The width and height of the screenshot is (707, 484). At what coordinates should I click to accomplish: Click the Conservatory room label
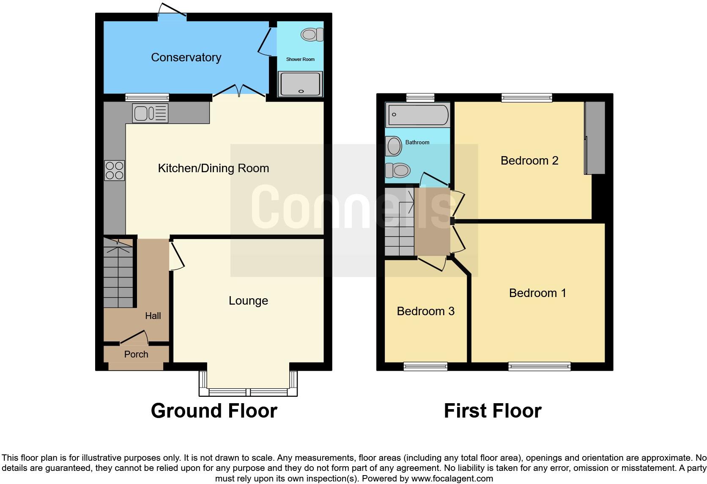pos(186,58)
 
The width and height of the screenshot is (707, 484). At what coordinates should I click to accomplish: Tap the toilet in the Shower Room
pos(312,34)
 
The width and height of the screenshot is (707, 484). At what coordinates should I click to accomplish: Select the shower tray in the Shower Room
pos(300,83)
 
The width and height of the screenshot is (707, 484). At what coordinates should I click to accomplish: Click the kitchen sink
pos(150,113)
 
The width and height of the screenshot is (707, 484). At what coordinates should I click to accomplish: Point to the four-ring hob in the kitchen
pos(114,170)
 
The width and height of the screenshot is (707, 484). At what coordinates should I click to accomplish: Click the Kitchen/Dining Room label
pos(213,168)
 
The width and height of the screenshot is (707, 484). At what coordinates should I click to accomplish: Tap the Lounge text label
pos(248,301)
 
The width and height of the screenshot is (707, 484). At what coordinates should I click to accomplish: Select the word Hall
pos(153,316)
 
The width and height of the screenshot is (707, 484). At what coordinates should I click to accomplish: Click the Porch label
pos(136,355)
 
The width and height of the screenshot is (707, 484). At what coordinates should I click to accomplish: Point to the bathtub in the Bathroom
pos(418,115)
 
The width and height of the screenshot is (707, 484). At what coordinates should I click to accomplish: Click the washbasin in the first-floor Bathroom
pos(394,146)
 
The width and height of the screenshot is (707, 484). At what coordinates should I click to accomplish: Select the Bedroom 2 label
pos(529,161)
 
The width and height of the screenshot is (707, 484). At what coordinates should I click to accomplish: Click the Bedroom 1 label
pos(537,293)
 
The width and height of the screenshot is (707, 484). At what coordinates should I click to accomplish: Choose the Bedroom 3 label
pos(425,311)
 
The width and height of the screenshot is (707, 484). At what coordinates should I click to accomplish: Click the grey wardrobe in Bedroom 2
pos(595,137)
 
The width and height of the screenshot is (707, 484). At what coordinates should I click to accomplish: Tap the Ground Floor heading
pos(214,411)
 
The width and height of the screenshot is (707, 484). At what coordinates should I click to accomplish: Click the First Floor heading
pos(492,411)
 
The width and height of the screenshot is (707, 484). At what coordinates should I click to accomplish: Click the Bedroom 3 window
pos(425,366)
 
